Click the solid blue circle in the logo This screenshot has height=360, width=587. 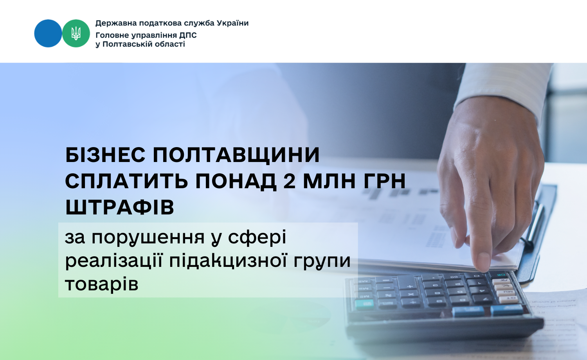click(x=48, y=33)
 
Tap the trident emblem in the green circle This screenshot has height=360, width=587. click(x=76, y=33)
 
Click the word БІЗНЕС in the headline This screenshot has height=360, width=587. click(x=105, y=155)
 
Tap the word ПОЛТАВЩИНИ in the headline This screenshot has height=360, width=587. click(x=236, y=155)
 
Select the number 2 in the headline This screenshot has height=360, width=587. click(x=290, y=181)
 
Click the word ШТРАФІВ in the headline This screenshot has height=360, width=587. click(x=119, y=207)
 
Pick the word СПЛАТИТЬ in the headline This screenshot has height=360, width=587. click(x=126, y=181)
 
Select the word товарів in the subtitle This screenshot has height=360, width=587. click(x=101, y=284)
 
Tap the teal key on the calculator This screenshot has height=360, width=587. click(x=364, y=304)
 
